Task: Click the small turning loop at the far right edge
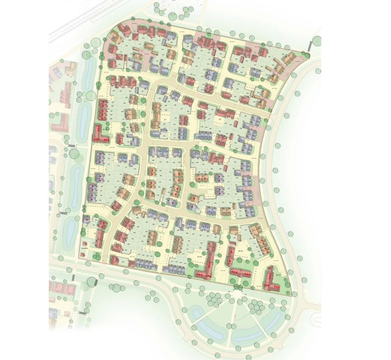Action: click(x=318, y=320)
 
